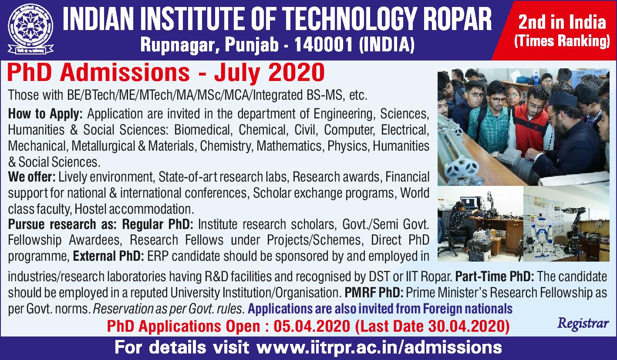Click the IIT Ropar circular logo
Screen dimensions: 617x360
click(30, 29)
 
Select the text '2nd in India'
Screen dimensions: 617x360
click(562, 22)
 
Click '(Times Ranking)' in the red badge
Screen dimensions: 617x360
click(562, 41)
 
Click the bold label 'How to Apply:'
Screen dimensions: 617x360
click(45, 114)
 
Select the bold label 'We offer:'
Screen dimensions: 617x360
click(32, 177)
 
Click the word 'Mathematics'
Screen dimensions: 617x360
click(289, 146)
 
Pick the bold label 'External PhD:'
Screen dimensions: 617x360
click(108, 256)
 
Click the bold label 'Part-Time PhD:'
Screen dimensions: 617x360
click(495, 276)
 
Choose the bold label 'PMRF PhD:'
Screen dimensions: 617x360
click(374, 293)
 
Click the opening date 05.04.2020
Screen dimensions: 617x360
click(312, 326)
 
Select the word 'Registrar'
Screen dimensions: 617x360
click(583, 323)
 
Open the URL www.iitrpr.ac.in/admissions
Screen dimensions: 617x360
click(379, 347)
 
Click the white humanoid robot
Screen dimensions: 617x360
click(538, 233)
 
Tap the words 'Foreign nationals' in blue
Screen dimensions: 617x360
click(468, 309)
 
